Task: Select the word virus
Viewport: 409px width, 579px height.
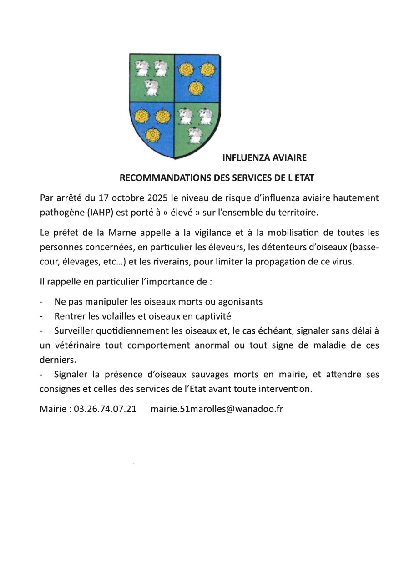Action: pos(341,262)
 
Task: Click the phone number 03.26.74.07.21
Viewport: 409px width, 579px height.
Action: pos(105,409)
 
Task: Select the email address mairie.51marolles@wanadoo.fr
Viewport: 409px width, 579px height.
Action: pos(217,409)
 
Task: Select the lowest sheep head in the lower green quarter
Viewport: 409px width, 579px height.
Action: pos(196,134)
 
